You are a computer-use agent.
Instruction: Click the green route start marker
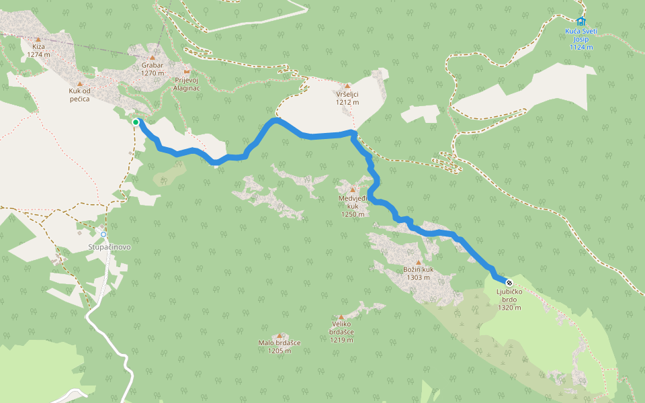point(136,122)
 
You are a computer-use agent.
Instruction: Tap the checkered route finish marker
point(509,282)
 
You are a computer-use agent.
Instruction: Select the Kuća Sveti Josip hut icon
point(580,21)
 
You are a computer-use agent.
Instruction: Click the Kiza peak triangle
point(38,39)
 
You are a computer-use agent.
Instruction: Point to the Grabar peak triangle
point(153,58)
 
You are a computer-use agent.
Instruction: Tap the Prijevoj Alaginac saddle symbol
point(187,71)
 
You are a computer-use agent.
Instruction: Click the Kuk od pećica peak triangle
point(79,84)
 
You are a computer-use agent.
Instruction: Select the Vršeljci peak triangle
point(347,86)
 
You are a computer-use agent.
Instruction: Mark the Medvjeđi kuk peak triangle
point(352,189)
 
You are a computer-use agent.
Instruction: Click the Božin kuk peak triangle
point(418,262)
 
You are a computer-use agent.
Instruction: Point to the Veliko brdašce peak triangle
point(341,317)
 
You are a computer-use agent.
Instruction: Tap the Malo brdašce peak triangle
point(279,335)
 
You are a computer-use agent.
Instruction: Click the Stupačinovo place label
point(110,247)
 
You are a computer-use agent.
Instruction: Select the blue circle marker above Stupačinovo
point(103,234)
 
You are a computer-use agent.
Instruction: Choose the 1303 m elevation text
point(418,277)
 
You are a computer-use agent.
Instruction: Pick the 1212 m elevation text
point(347,103)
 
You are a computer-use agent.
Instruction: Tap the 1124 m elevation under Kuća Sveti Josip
point(580,47)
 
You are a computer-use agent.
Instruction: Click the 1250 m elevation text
point(353,215)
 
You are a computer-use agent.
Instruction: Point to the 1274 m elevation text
point(38,54)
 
